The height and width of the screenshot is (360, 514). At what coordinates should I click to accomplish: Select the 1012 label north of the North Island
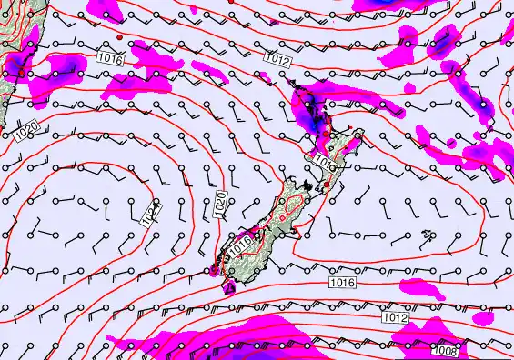coord(277,58)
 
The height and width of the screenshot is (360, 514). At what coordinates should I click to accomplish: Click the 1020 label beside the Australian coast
coord(25,135)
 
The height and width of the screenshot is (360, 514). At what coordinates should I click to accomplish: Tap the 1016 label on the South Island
coord(240,244)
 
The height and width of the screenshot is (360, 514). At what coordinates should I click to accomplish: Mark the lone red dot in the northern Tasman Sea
coord(120,37)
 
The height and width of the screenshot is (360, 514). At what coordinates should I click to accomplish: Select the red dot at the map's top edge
coord(231,2)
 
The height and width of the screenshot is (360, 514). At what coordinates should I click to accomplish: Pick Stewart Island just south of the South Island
coord(228,287)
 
